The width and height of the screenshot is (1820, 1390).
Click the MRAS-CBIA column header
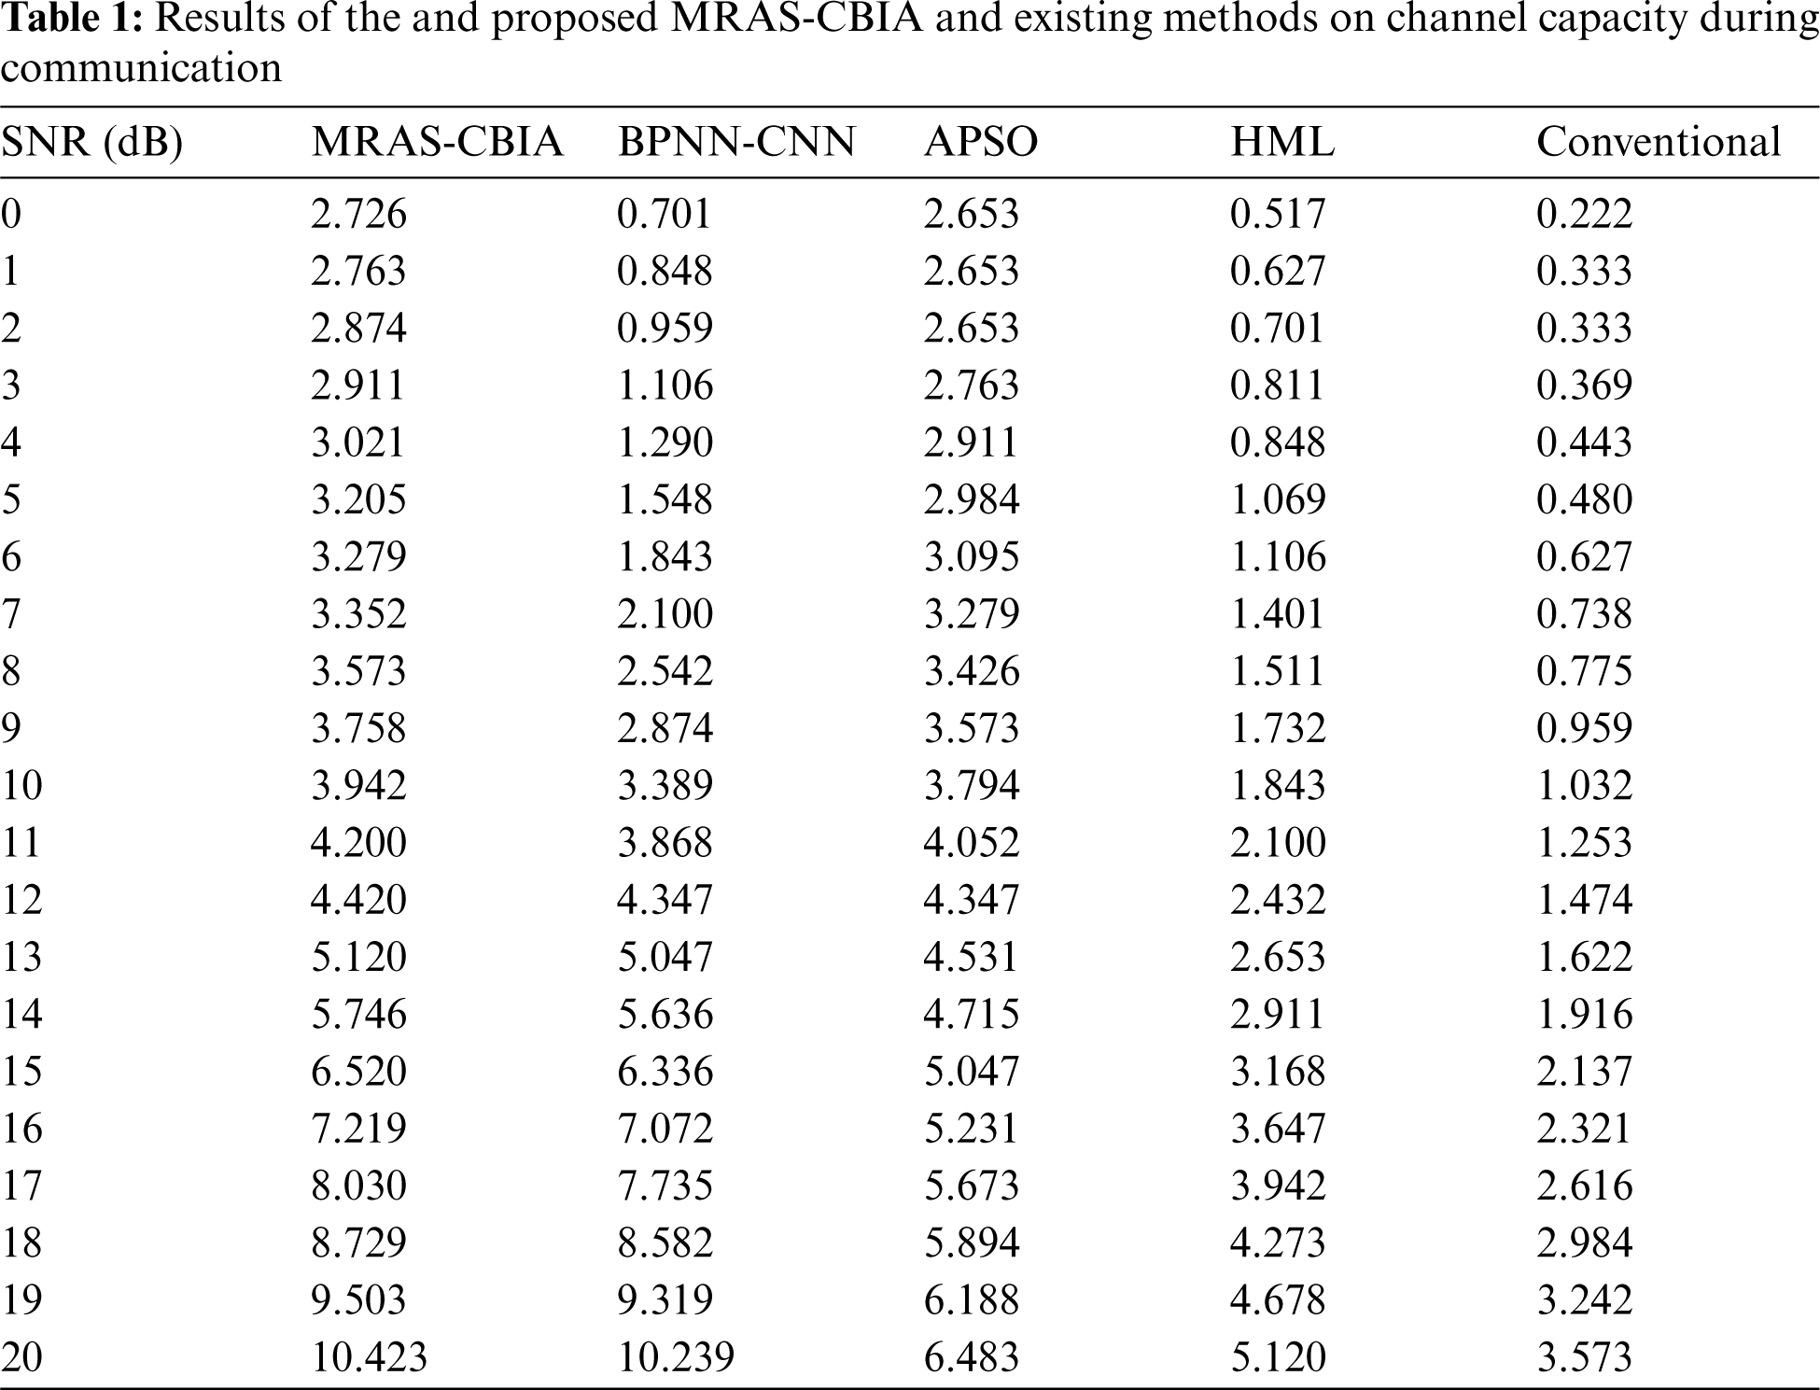coord(437,142)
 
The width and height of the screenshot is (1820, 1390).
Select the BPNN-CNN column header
coord(736,142)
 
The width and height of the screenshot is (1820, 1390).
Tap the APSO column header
coord(980,142)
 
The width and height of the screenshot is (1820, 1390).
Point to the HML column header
coord(1282,142)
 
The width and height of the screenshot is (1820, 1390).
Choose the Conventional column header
coord(1659,142)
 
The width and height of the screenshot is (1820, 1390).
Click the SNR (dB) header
coord(91,142)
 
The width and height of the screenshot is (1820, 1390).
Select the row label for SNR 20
coord(22,1356)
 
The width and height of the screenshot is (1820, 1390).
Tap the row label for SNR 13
coord(22,957)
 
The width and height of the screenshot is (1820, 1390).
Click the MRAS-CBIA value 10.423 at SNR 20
coord(369,1356)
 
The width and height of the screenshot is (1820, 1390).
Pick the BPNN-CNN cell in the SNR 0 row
coord(665,214)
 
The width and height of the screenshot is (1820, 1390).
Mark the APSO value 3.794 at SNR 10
coord(972,785)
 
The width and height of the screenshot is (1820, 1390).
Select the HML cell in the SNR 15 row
coord(1278,1071)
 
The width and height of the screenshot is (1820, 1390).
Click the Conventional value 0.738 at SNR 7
coord(1584,614)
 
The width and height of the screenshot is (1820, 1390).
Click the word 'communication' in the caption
coord(141,68)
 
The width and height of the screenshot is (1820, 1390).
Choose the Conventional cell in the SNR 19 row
coord(1584,1299)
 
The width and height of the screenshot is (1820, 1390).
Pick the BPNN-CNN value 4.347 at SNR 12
coord(665,900)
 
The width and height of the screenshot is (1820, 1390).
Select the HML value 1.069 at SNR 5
coord(1278,499)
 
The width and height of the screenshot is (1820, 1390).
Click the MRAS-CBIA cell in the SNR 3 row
coord(358,386)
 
